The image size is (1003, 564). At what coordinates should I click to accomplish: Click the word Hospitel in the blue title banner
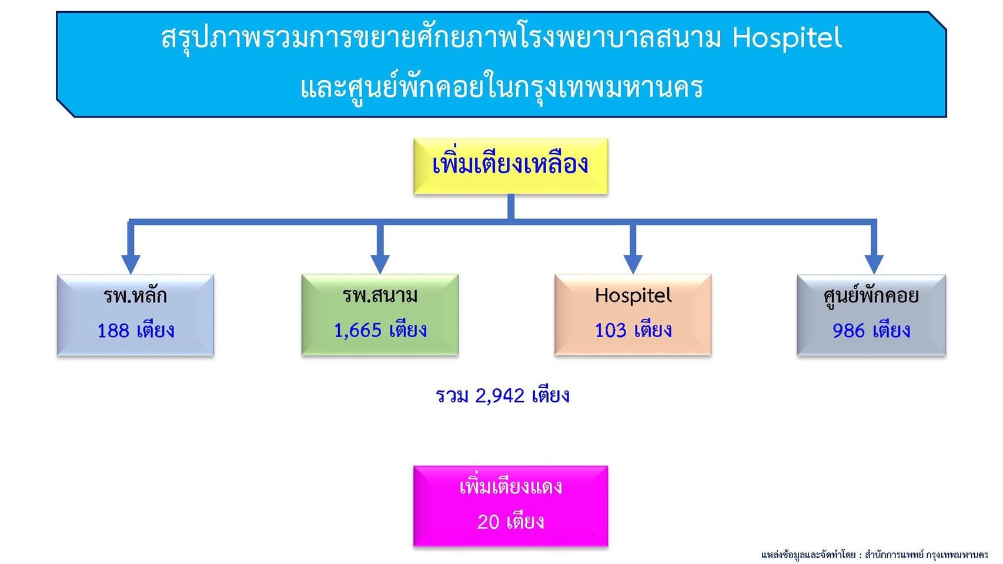pyautogui.click(x=787, y=39)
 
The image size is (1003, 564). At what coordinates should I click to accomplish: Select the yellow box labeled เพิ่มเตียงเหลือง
pyautogui.click(x=510, y=166)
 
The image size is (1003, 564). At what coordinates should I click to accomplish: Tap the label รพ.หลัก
pyautogui.click(x=135, y=296)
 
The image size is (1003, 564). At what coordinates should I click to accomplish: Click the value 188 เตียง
pyautogui.click(x=136, y=330)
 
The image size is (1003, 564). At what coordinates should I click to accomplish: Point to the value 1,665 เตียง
pyautogui.click(x=380, y=330)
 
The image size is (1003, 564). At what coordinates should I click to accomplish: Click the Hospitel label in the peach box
pyautogui.click(x=633, y=296)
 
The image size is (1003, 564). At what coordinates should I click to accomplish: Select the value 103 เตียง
pyautogui.click(x=633, y=330)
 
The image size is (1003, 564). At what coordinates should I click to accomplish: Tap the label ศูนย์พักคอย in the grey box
pyautogui.click(x=871, y=296)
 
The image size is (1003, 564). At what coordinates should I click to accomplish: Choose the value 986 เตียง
pyautogui.click(x=871, y=330)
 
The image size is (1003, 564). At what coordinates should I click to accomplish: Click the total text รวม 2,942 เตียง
pyautogui.click(x=503, y=395)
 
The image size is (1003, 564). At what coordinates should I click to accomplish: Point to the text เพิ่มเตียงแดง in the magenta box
pyautogui.click(x=510, y=486)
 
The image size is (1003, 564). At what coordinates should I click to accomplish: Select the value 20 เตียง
pyautogui.click(x=510, y=522)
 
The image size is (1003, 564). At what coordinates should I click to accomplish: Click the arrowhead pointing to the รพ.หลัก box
pyautogui.click(x=131, y=264)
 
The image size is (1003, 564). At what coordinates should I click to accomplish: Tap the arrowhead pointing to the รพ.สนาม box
pyautogui.click(x=380, y=264)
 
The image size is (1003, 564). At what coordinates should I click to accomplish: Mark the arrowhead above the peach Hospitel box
pyautogui.click(x=633, y=264)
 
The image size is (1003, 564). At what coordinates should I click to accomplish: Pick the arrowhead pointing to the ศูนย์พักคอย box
pyautogui.click(x=874, y=264)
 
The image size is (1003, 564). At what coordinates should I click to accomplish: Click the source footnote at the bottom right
pyautogui.click(x=874, y=555)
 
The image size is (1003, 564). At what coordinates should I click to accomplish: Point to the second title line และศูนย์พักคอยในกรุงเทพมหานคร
pyautogui.click(x=502, y=88)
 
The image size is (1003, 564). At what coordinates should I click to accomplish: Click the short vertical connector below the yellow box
pyautogui.click(x=510, y=207)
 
